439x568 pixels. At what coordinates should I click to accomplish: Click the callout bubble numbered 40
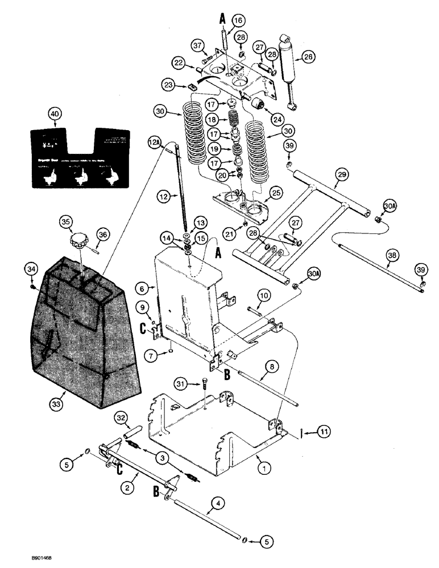tap(54, 114)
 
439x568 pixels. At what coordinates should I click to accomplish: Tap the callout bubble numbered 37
tap(197, 45)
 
